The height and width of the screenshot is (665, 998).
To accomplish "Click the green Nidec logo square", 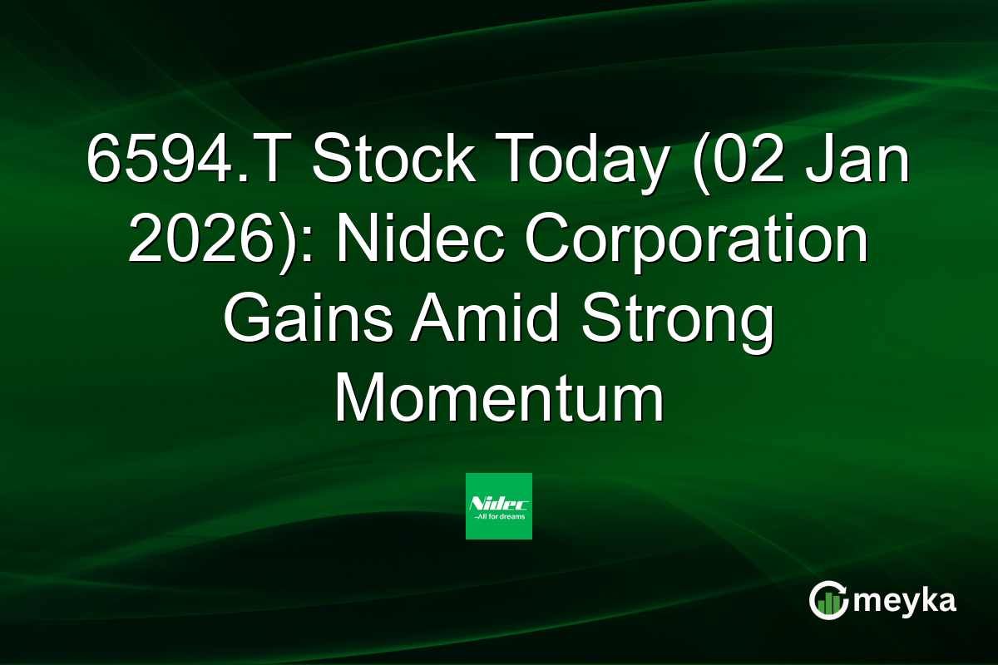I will (499, 505).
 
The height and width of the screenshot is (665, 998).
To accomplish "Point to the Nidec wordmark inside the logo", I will (499, 502).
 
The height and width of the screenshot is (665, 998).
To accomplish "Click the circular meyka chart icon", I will (829, 600).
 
